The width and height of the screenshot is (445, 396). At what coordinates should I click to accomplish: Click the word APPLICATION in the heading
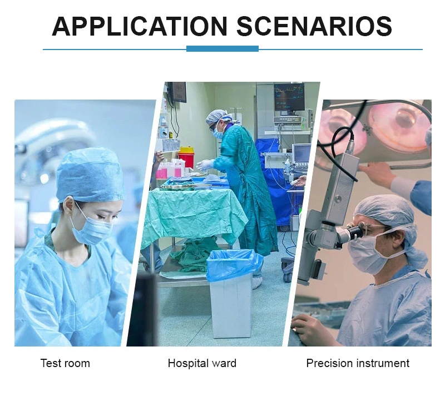(x=140, y=26)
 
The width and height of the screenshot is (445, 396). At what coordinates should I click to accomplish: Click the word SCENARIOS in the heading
(x=314, y=26)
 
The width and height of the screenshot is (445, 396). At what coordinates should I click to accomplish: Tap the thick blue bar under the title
(x=222, y=49)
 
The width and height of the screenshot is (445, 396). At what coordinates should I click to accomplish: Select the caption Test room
(x=65, y=363)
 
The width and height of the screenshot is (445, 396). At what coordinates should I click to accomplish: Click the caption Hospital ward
(x=202, y=363)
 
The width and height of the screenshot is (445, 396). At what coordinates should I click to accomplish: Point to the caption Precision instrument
(x=358, y=363)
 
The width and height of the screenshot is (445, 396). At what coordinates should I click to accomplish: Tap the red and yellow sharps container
(x=186, y=157)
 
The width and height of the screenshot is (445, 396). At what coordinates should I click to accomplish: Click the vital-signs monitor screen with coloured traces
(x=289, y=97)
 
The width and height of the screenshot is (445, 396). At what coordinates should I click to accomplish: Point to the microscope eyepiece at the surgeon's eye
(x=355, y=231)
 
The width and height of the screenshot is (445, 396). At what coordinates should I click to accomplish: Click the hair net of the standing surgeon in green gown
(x=216, y=116)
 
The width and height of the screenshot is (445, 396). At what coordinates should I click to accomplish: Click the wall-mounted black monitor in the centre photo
(x=178, y=92)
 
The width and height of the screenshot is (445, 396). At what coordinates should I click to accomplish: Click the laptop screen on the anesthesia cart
(x=301, y=154)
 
